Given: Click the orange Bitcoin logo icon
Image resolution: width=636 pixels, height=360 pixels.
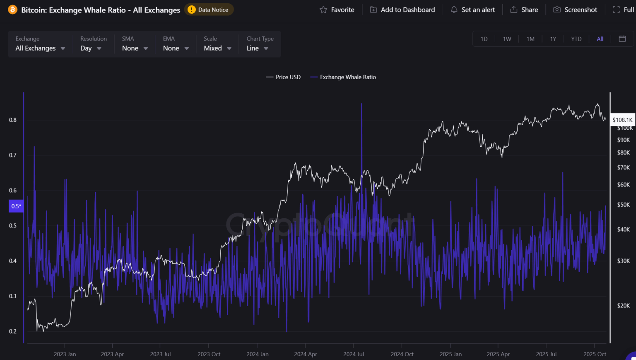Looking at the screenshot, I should coord(12,10).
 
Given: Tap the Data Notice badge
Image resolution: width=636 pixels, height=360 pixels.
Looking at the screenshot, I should coord(209,10).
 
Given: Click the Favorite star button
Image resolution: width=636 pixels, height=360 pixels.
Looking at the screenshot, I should coord(337,10).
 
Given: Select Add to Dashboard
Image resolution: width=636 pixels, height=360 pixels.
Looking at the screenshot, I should coord(402,10).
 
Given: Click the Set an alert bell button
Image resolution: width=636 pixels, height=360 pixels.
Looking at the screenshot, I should coord(473,10).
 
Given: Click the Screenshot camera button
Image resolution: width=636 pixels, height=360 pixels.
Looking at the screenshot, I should coord(575,10).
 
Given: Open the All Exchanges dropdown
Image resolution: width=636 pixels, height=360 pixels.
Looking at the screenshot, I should coord(40,48).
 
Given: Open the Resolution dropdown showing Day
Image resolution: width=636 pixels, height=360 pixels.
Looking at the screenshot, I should coord(91,48).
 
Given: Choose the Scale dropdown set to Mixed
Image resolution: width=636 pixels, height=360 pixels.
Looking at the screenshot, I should coord(217,48).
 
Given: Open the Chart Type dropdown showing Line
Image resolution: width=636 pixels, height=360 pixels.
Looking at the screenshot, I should coord(257,48).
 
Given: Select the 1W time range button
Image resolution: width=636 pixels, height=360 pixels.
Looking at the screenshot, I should coord(507,39).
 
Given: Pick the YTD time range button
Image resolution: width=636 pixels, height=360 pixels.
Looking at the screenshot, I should coord(576,39).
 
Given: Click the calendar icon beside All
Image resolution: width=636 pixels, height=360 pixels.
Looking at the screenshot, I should coord(622,39).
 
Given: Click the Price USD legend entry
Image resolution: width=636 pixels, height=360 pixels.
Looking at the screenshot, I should coord(284,77).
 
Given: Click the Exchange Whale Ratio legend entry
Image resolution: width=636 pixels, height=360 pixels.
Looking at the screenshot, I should coord(343,77).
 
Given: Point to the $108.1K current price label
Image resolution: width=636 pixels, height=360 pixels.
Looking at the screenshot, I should coord(622,120).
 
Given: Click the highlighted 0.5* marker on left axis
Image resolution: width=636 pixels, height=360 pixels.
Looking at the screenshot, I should coord(16,206).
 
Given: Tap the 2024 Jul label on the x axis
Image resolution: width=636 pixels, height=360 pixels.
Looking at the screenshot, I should coord(353,354).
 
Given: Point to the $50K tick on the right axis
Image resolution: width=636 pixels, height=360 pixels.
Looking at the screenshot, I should coord(623,205).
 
